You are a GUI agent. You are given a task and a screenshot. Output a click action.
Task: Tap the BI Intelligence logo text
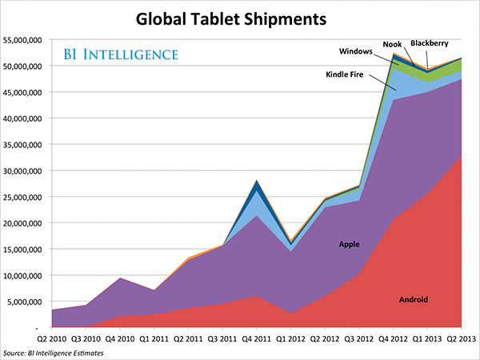coord(120,55)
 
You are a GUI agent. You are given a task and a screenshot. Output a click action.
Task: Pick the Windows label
coord(355,51)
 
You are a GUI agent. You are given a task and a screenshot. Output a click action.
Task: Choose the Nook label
coord(392,43)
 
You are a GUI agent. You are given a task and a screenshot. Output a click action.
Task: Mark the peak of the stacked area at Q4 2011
coord(257,180)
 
